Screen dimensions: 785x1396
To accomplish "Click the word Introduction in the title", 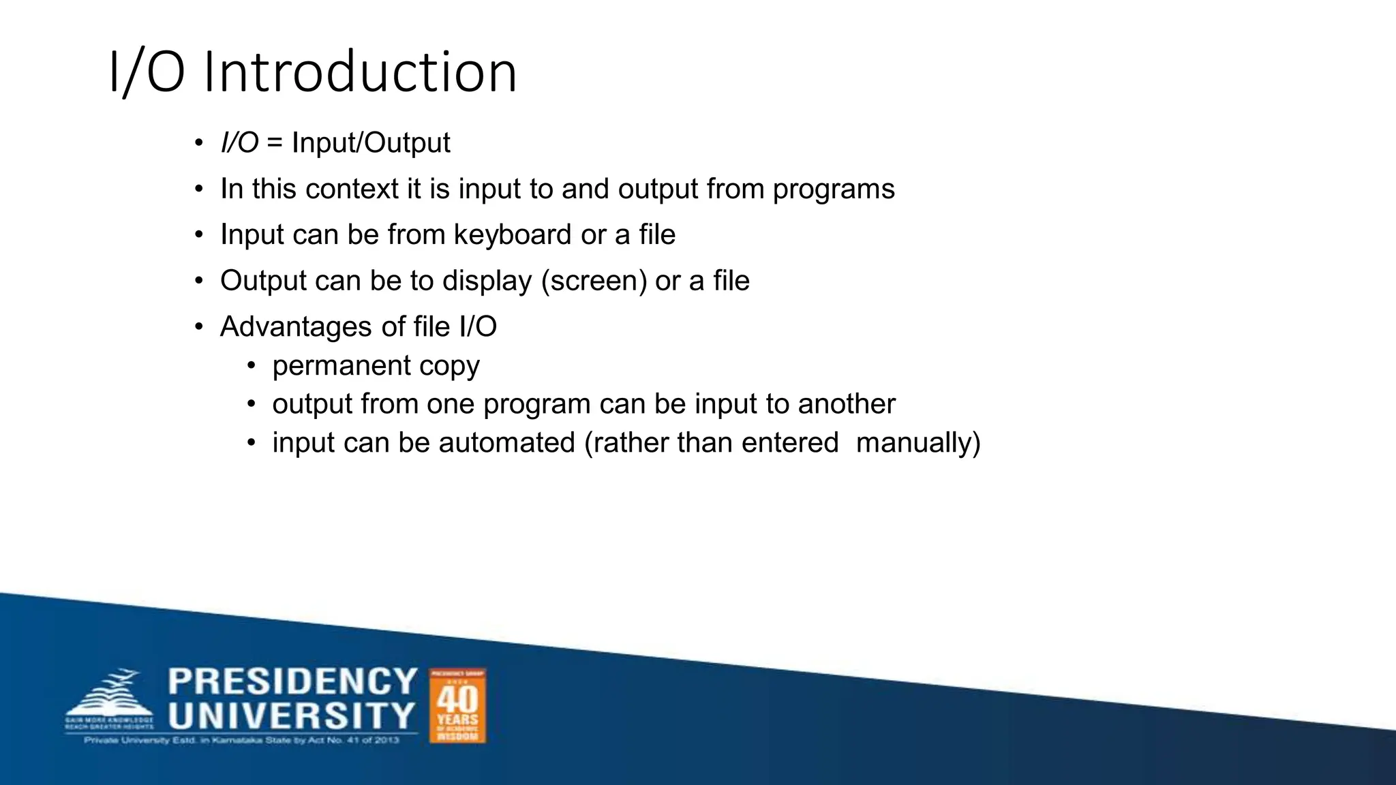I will point(360,72).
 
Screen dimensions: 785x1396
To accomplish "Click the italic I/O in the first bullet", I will point(239,143).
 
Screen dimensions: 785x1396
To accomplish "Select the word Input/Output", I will point(371,143).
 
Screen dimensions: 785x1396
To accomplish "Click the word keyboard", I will point(513,234).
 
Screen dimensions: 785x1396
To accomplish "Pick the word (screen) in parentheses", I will point(594,281).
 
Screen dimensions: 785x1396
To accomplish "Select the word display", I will point(487,281).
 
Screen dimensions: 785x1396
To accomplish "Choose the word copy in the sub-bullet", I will point(449,367).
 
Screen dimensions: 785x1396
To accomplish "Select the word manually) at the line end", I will point(918,443).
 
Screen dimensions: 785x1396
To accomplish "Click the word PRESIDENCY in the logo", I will point(292,682).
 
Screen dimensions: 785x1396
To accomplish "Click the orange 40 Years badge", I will point(457,706).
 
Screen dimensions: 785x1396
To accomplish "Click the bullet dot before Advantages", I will point(198,327).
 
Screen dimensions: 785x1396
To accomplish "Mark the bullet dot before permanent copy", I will point(252,366).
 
